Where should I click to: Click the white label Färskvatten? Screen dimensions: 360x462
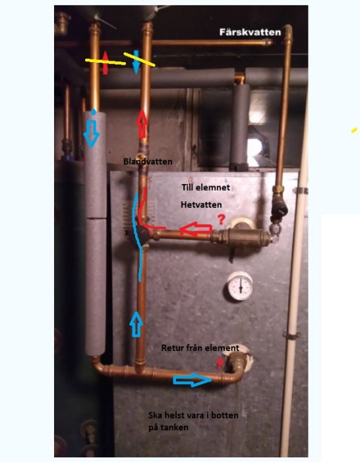click(x=250, y=32)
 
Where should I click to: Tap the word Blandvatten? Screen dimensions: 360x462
click(x=148, y=162)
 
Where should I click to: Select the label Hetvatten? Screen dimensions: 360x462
click(x=201, y=205)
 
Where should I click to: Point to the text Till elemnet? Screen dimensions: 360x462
click(x=206, y=187)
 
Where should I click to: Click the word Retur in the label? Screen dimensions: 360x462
click(x=171, y=348)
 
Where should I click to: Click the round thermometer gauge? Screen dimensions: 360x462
click(x=240, y=286)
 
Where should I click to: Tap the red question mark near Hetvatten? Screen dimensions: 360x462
click(x=221, y=220)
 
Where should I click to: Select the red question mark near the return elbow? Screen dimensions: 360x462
click(x=220, y=364)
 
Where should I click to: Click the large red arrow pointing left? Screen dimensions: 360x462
click(x=196, y=230)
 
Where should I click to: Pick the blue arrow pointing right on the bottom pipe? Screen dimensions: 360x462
click(x=193, y=379)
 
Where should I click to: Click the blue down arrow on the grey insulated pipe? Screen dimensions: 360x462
click(x=91, y=135)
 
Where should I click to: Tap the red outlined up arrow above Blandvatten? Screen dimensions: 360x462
click(x=142, y=123)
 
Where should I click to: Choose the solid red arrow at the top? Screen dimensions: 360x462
click(x=105, y=62)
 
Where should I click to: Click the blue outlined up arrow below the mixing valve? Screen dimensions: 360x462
click(x=136, y=323)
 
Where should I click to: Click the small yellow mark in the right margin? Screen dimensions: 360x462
click(x=354, y=130)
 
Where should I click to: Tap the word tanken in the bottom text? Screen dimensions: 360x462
click(x=176, y=427)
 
